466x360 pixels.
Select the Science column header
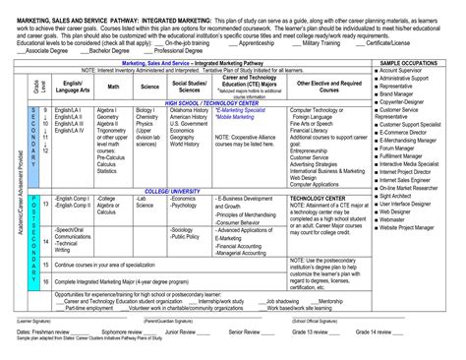pyautogui.click(x=147, y=88)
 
